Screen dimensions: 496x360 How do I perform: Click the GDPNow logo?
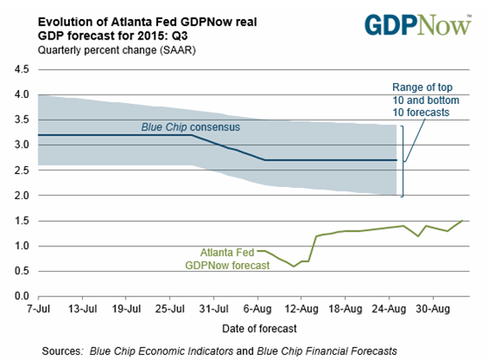click(418, 24)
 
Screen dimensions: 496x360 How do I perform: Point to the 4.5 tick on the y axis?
click(22, 69)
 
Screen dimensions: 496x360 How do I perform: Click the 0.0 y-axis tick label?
click(22, 296)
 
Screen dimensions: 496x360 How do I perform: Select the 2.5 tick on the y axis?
click(22, 170)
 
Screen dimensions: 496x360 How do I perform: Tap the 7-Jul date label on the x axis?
click(38, 308)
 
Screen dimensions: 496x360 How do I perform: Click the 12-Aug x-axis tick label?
click(301, 308)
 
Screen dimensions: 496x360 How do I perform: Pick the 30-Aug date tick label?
click(433, 308)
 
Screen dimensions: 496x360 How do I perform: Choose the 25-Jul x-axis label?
click(170, 308)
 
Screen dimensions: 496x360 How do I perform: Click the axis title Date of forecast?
click(259, 329)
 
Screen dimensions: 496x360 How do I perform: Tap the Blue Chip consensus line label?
click(190, 127)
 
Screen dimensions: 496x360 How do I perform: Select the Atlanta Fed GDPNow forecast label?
click(227, 259)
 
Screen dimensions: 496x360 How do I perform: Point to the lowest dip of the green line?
click(293, 267)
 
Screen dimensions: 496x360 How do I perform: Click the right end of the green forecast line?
click(463, 220)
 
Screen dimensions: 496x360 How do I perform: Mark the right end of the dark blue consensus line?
click(396, 160)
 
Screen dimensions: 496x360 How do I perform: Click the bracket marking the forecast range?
click(403, 161)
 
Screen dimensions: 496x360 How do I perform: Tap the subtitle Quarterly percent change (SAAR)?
click(117, 51)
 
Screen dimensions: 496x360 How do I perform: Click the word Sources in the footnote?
click(62, 351)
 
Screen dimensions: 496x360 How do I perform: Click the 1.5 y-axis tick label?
click(22, 221)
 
